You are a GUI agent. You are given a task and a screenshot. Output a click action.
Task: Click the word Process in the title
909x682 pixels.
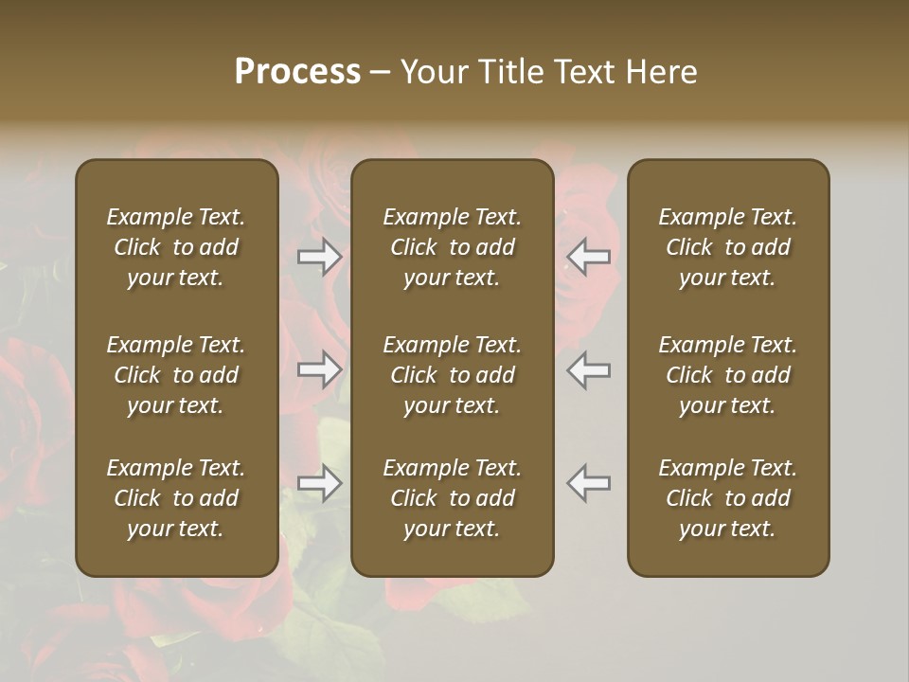tap(297, 72)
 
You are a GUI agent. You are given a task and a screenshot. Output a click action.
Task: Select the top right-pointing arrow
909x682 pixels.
tap(320, 257)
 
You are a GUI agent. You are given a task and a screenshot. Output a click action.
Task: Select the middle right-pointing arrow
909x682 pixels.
tap(320, 369)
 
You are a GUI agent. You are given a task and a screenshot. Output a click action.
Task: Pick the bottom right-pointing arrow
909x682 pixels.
tap(320, 483)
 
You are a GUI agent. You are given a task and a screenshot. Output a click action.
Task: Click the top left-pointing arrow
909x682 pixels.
tap(588, 257)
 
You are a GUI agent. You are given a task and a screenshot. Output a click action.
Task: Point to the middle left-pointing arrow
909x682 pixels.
tap(588, 369)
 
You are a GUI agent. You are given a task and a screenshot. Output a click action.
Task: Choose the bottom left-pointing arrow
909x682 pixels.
tap(588, 483)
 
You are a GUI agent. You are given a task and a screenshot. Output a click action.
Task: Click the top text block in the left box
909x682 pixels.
tap(176, 247)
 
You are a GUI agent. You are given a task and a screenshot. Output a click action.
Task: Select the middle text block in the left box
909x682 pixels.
tap(176, 375)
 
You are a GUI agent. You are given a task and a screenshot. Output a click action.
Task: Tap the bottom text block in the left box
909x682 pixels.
tap(176, 498)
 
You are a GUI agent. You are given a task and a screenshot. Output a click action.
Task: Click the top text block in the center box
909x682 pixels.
tap(453, 247)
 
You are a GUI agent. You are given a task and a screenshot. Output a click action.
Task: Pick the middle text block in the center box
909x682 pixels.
tap(453, 375)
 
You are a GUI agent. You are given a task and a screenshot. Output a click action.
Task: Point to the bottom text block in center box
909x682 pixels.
tap(453, 498)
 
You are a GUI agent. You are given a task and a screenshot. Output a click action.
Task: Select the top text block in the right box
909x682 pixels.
tap(728, 247)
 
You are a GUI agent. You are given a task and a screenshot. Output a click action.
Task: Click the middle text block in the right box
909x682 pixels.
tap(728, 375)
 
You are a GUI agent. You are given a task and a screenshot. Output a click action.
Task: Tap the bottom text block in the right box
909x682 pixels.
tap(728, 498)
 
